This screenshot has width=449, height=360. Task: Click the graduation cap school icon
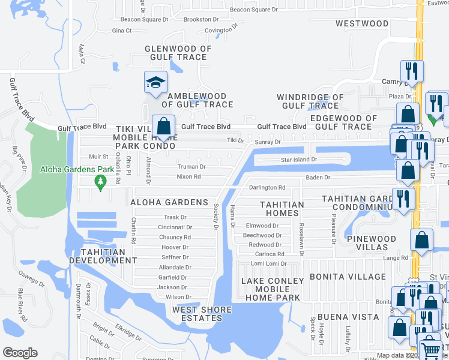(x=155, y=82)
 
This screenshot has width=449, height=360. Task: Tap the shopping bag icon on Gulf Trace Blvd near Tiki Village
(x=163, y=126)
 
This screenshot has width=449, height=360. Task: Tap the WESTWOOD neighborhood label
(x=362, y=23)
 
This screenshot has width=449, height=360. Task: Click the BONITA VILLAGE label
(x=348, y=277)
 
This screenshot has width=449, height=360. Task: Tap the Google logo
(x=20, y=353)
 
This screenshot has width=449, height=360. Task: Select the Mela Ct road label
(x=82, y=53)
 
